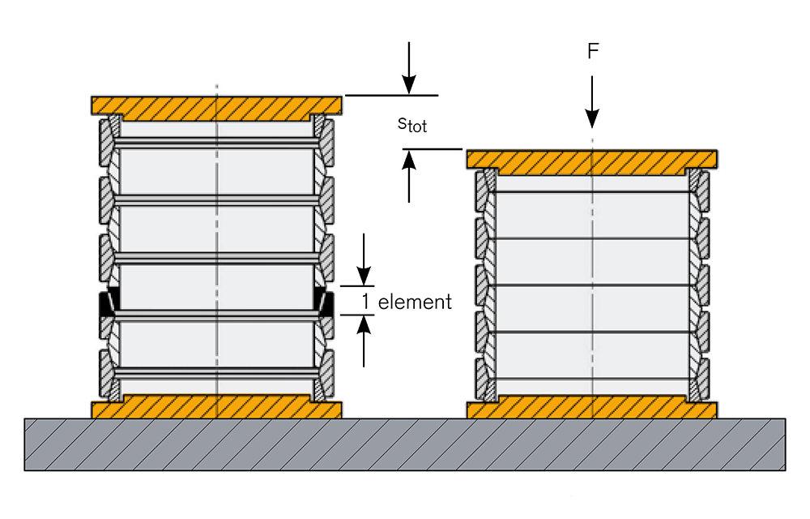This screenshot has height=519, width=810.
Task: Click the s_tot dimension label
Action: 411,124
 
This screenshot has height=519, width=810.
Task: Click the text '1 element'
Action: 406,302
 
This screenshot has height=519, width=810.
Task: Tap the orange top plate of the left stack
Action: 216,105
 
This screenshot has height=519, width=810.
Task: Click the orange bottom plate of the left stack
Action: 216,407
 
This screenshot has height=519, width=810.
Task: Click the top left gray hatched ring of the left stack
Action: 106,142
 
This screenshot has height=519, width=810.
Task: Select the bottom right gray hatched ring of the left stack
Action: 326,369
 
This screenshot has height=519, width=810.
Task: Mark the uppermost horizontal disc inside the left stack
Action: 216,143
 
